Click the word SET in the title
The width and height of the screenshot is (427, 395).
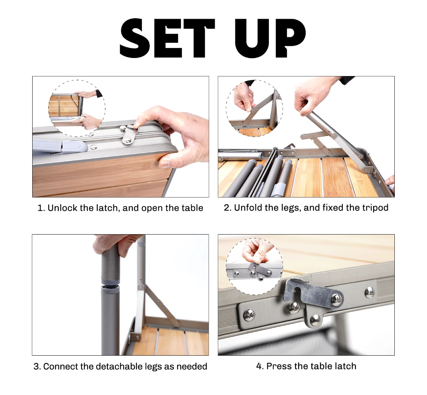point(168,38)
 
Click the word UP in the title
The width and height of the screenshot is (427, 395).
point(270,38)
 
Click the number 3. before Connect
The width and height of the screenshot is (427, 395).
point(37,366)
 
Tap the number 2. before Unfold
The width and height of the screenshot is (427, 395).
point(228,208)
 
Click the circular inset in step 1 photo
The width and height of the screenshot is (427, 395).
point(77,108)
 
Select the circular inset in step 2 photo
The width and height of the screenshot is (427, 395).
point(254,108)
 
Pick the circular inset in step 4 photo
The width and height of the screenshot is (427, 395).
point(254,266)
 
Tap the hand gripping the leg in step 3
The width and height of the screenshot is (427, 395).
point(115,244)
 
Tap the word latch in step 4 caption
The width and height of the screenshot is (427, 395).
point(345,366)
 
